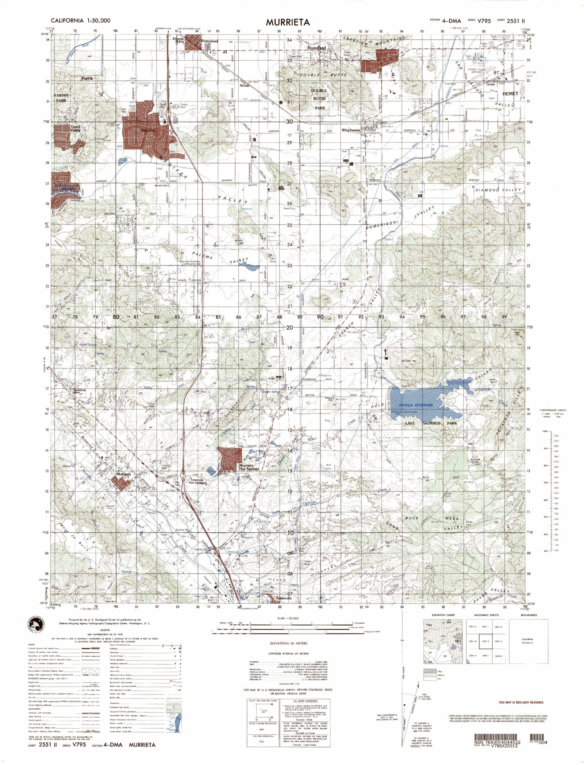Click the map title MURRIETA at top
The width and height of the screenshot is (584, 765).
[288, 22]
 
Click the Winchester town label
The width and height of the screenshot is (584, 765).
[351, 130]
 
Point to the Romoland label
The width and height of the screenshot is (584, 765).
[210, 41]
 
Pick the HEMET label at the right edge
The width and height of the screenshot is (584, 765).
[510, 93]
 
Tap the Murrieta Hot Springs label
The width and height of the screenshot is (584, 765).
[249, 467]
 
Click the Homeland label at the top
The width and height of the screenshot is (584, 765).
[316, 48]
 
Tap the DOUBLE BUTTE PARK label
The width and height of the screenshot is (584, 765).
[319, 99]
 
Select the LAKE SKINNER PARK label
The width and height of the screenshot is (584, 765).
[431, 423]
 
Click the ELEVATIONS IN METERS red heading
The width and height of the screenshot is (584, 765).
[288, 643]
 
